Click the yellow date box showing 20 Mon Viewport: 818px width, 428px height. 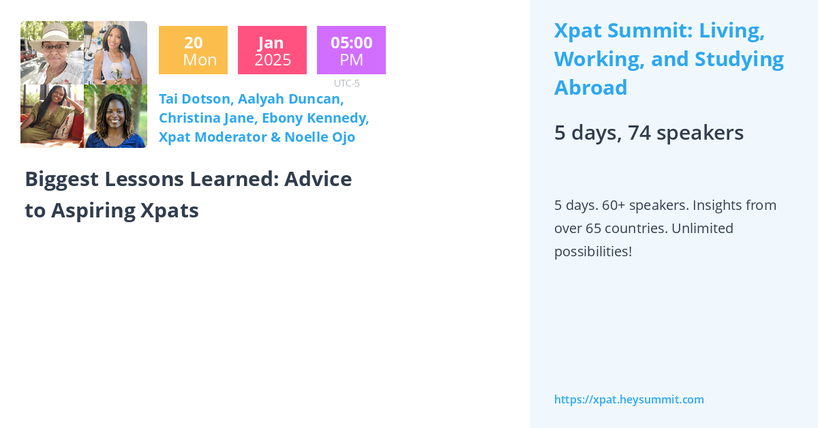click(193, 50)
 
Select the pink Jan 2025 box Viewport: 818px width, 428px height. click(272, 50)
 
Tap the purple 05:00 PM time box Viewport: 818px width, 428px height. click(351, 50)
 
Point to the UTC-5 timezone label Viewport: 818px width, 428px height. click(346, 83)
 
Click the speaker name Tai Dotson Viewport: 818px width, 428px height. click(194, 99)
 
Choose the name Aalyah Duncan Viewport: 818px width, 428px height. click(290, 99)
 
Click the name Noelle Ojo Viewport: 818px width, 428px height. click(320, 137)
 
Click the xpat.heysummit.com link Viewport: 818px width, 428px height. click(628, 399)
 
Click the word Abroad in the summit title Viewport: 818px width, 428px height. click(590, 88)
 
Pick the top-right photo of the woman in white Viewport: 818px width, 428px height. click(115, 52)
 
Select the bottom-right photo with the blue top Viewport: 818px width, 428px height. click(115, 116)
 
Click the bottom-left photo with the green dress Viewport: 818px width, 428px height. click(52, 116)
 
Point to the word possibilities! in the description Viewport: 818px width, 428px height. click(593, 251)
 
